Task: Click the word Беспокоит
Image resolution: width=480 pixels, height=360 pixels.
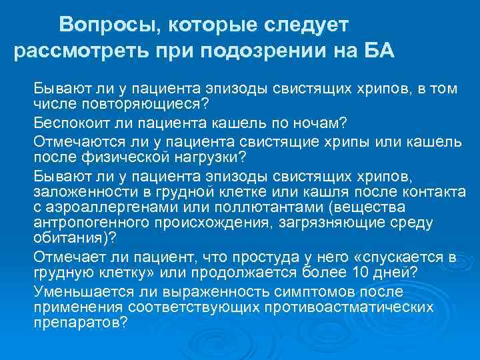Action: pyautogui.click(x=68, y=123)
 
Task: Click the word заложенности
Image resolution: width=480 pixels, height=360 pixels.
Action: pyautogui.click(x=77, y=192)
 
